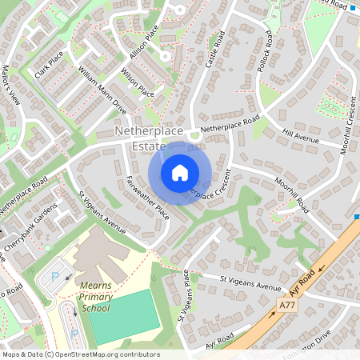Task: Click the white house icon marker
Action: [180, 172]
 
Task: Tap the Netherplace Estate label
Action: [150, 137]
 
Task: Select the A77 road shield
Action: [288, 306]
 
